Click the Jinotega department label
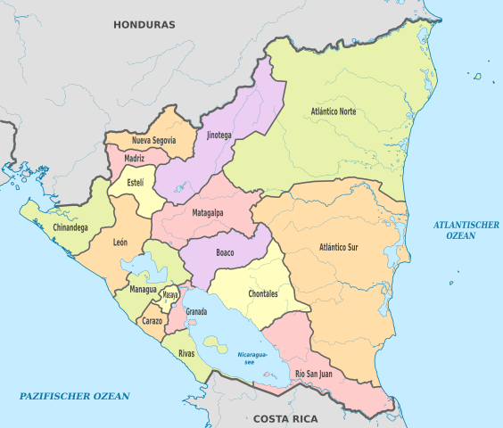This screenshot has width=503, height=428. [219, 136]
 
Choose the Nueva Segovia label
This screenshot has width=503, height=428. [153, 141]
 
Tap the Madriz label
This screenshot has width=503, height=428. [135, 159]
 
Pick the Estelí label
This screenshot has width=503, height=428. [135, 183]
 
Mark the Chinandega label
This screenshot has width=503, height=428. [70, 227]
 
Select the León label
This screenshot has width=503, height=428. [120, 242]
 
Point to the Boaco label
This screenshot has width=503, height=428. [225, 252]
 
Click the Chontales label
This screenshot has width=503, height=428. [262, 293]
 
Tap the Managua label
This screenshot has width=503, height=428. [143, 290]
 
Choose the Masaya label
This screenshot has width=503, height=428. [170, 294]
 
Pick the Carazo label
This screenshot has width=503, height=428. [152, 319]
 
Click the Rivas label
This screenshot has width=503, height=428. [186, 353]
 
